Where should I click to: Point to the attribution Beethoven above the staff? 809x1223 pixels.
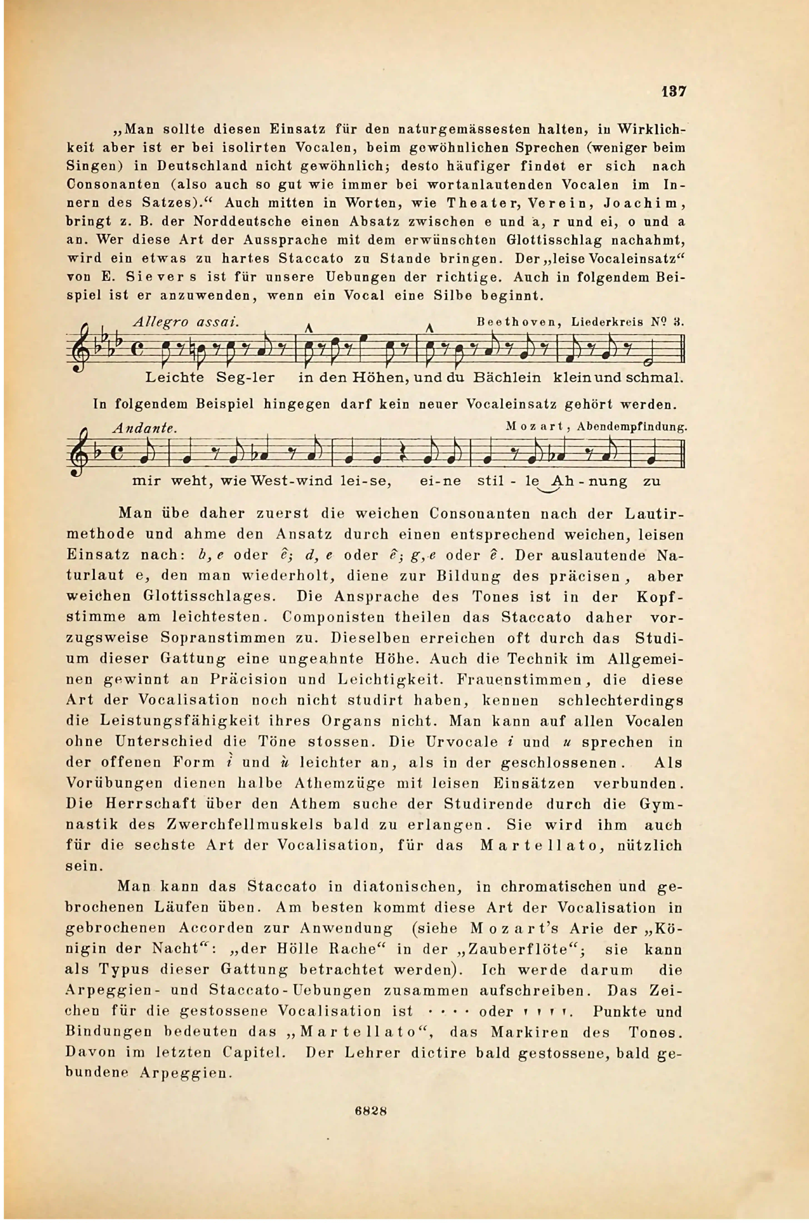point(518,323)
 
